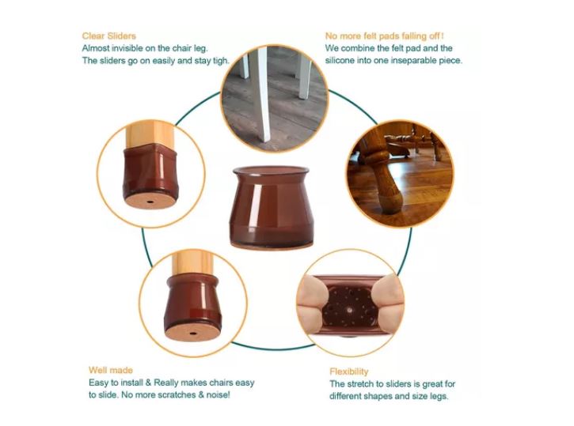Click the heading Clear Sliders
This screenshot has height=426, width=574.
tap(108, 36)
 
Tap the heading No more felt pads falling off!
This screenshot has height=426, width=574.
tap(384, 36)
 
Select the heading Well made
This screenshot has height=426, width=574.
tap(111, 370)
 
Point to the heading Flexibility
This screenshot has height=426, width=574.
tap(349, 371)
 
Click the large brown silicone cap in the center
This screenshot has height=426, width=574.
tap(272, 208)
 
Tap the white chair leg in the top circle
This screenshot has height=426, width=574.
tap(263, 94)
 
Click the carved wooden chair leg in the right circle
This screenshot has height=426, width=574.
tap(384, 175)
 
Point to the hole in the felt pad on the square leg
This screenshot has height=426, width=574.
tap(150, 202)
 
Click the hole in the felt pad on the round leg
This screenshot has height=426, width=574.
tap(192, 333)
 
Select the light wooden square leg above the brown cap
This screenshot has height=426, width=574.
tap(150, 134)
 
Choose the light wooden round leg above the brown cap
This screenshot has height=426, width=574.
tap(192, 262)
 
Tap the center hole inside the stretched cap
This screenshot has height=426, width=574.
tap(349, 310)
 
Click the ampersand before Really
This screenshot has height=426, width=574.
tap(148, 383)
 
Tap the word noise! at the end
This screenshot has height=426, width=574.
tap(219, 395)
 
